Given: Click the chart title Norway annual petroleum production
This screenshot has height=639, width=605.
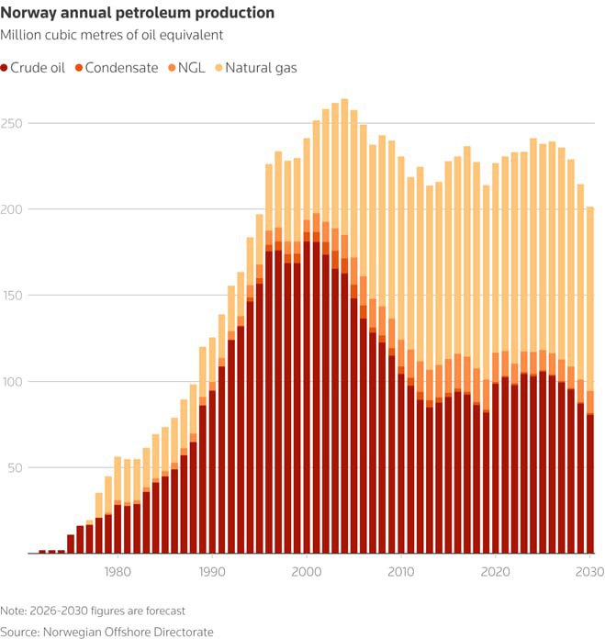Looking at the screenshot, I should tap(138, 14).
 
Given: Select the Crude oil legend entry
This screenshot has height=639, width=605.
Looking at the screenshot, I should tap(38, 68).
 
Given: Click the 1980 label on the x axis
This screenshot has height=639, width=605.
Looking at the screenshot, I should tap(117, 571).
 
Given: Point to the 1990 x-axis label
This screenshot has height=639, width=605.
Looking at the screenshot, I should tap(211, 571).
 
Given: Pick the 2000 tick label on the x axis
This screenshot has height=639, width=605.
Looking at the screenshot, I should tap(306, 571).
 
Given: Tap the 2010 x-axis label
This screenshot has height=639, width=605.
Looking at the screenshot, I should tap(400, 571).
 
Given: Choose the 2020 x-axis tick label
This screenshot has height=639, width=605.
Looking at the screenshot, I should tap(495, 571).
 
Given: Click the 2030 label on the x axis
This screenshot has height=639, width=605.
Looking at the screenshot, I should tap(588, 571).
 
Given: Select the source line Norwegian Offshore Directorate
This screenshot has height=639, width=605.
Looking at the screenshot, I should tap(106, 632).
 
